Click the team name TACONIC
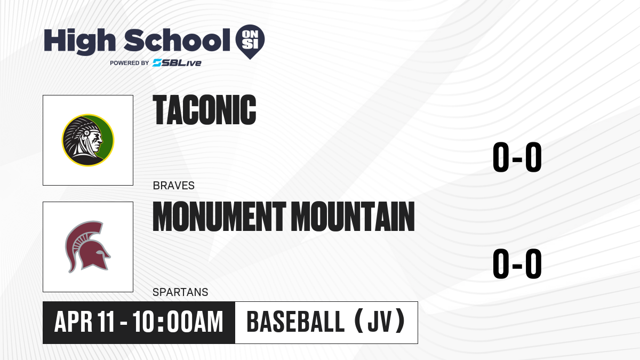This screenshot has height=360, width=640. point(204,110)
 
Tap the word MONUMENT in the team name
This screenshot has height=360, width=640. point(219,217)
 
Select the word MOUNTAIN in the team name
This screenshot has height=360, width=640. point(354,217)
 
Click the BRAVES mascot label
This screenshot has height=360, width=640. point(174,186)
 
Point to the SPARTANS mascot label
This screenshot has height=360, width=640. point(180,292)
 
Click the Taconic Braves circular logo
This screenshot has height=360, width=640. point(88,140)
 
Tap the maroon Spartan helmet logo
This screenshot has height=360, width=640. point(87,247)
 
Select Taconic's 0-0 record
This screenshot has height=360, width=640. point(517,157)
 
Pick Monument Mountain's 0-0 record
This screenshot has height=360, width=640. point(517,263)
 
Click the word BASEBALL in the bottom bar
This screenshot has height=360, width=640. point(295,322)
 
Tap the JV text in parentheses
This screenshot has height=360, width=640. point(379,322)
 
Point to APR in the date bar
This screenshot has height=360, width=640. point(74,322)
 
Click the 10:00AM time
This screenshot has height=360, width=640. point(178,322)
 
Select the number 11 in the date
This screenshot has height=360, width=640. point(106,322)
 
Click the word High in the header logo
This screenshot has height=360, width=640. point(80,41)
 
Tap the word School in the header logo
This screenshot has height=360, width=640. point(177,40)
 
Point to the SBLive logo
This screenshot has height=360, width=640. point(177,63)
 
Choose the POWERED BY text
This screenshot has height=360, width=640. point(130,63)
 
